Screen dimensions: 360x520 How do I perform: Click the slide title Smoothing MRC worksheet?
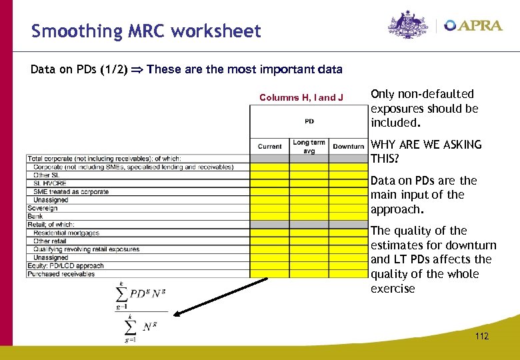146,31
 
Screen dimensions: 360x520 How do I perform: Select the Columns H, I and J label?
301,97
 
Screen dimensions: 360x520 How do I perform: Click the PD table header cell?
309,121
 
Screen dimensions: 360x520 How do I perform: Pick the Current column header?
269,146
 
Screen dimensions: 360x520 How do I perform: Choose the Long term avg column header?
309,145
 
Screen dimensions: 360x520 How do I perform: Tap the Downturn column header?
348,146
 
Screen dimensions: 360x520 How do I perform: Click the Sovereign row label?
43,208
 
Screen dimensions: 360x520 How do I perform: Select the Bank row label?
35,216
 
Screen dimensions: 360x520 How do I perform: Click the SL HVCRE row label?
50,183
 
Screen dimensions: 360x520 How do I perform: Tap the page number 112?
481,336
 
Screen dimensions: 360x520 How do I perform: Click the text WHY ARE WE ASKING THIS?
425,151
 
